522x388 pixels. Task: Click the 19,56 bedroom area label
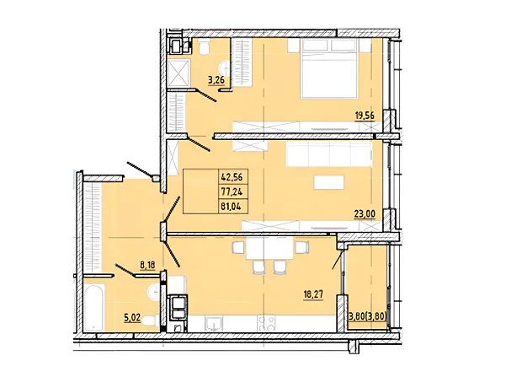[365, 116]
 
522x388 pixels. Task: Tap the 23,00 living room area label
[365, 214]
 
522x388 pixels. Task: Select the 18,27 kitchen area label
[313, 294]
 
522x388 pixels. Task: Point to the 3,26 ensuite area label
[216, 80]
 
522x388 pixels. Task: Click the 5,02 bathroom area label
[132, 317]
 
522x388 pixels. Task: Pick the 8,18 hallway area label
[148, 266]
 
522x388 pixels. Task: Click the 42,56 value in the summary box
[232, 176]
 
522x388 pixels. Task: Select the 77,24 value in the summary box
[232, 191]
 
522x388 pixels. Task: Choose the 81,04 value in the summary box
[232, 207]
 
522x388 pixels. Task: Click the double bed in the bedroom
[329, 68]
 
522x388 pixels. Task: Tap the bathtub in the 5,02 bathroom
[93, 307]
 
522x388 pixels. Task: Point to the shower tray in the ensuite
[178, 73]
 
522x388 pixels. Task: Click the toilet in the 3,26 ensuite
[204, 46]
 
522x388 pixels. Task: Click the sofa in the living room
[329, 154]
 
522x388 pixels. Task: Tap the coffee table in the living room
[329, 182]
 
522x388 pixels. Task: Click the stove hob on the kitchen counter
[266, 323]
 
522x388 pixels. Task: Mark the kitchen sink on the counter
[214, 324]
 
